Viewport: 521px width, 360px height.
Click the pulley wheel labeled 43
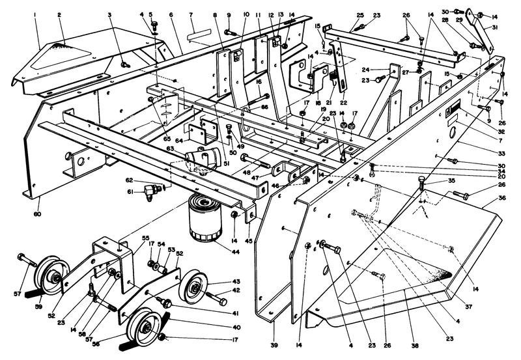pos(193,284)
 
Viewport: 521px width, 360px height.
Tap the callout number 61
pos(130,192)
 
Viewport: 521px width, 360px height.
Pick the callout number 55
pos(146,239)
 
